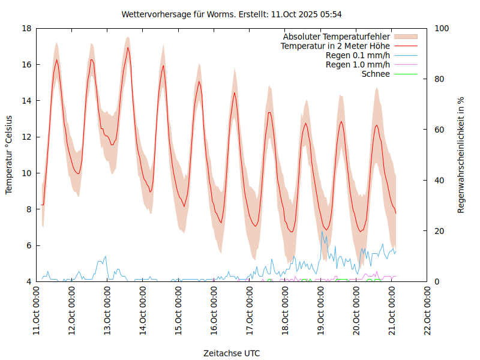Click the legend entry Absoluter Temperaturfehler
point(337,36)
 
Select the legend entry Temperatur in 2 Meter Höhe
point(335,46)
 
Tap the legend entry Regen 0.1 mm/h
point(358,55)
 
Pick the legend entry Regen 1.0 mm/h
point(358,65)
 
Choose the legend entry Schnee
point(376,74)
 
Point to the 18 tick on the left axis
point(26,28)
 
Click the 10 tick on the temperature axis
point(26,173)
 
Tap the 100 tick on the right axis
point(441,28)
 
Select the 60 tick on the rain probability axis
point(439,130)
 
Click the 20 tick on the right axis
point(439,231)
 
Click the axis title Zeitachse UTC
point(232,353)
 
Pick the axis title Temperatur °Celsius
point(9,155)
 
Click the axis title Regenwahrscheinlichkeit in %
point(461,155)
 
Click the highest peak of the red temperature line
point(128,47)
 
